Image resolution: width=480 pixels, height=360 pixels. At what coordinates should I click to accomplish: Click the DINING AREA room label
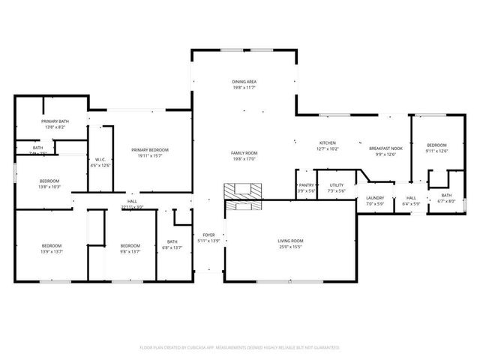[244, 82]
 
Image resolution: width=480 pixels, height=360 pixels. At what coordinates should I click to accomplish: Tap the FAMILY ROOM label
[244, 153]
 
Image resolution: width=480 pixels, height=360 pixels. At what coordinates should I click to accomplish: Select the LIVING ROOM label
[290, 241]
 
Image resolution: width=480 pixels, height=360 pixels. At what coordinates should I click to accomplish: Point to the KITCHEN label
[328, 143]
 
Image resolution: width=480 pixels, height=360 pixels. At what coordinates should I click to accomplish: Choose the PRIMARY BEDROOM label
[152, 150]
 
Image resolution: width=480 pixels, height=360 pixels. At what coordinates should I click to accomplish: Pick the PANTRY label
[306, 184]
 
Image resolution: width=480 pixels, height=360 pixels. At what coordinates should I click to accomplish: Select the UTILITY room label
[336, 184]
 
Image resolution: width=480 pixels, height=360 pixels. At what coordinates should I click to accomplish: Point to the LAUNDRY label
[374, 199]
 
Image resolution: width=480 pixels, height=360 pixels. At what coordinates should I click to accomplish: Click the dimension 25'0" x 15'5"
[290, 247]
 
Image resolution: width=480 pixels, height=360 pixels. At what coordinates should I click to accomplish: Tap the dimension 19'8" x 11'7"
[244, 88]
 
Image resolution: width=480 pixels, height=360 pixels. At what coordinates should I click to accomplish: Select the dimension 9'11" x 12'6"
[436, 151]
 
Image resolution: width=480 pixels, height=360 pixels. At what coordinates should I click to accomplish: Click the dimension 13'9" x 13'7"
[52, 252]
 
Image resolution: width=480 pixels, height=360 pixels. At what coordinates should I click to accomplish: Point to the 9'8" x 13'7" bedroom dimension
[130, 252]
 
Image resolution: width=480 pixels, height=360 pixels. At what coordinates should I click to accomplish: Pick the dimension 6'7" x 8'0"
[446, 201]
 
